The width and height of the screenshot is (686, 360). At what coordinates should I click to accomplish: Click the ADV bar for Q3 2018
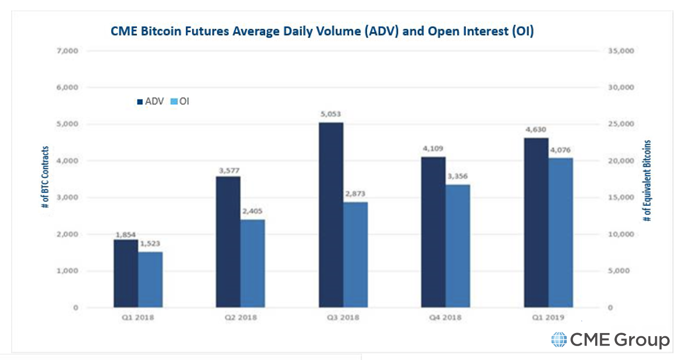click(x=331, y=215)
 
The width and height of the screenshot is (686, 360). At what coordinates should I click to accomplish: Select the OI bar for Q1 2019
click(x=561, y=232)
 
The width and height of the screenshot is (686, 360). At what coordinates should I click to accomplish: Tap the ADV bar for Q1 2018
click(x=126, y=274)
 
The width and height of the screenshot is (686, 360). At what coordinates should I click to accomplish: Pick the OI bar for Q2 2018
click(x=253, y=263)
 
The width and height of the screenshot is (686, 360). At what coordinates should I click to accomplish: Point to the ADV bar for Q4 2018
click(x=433, y=232)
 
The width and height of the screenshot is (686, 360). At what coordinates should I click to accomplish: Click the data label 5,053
click(x=331, y=114)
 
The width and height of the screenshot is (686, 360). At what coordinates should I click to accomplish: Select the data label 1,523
click(x=150, y=244)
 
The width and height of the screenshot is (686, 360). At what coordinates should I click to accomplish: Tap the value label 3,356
click(x=458, y=176)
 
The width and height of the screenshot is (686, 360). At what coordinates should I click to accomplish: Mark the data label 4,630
click(x=536, y=130)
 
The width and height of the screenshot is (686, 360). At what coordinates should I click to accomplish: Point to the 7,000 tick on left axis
click(x=67, y=51)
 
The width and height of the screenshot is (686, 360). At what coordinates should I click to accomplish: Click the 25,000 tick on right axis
click(x=621, y=124)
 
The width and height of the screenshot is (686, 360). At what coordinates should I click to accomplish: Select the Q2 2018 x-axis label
click(x=240, y=317)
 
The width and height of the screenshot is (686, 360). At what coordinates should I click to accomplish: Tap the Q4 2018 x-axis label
click(x=445, y=317)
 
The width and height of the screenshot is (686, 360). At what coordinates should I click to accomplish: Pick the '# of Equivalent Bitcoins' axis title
click(x=647, y=181)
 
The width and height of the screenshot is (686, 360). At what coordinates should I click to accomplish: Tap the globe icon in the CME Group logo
click(x=559, y=340)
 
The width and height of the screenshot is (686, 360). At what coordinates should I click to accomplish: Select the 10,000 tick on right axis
click(x=621, y=234)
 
